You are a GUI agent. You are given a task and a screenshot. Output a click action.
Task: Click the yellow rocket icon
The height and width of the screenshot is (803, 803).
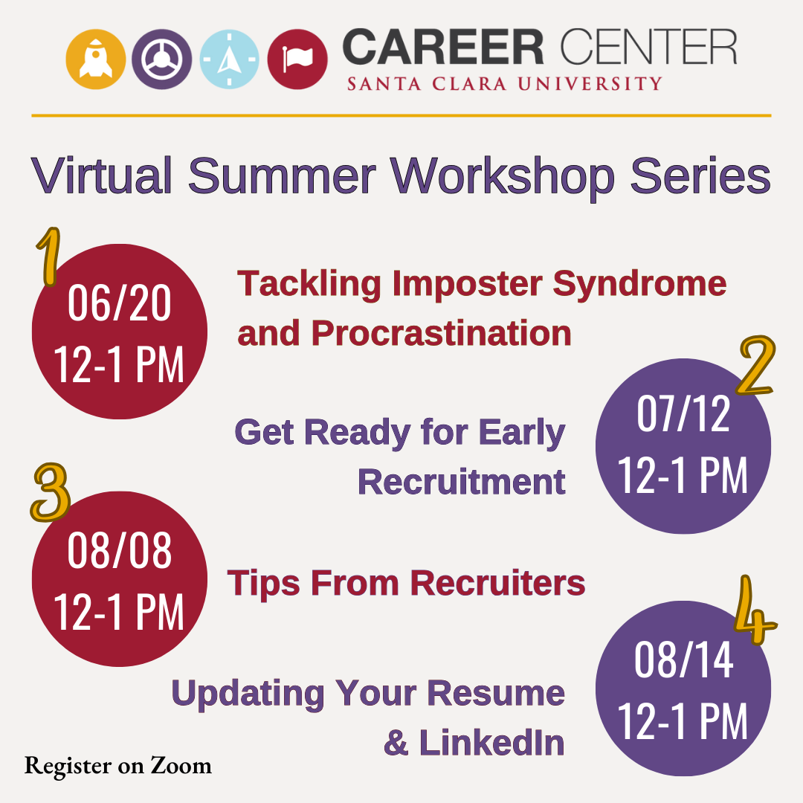96,59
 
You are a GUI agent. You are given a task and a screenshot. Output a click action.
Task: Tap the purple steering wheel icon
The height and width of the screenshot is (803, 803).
162,59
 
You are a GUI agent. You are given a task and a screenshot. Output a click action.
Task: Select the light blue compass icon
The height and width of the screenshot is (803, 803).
229,59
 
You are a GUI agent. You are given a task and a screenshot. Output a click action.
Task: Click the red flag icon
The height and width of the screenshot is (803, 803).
297,59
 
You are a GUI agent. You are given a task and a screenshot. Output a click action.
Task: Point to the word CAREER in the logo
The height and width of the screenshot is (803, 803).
443,47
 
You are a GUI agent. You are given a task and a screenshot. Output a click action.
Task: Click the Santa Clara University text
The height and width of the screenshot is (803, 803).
504,83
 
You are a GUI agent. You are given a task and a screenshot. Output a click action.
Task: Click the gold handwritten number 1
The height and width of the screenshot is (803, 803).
48,256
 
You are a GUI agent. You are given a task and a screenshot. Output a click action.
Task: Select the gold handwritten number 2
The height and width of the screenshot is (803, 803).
756,365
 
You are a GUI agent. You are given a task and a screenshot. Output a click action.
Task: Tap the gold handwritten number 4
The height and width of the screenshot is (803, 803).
754,610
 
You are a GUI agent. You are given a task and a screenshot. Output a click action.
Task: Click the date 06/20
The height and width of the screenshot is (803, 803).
119,303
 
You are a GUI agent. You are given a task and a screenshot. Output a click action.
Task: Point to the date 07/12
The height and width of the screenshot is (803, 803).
683,414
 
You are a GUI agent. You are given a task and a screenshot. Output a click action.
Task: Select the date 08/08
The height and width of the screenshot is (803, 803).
119,550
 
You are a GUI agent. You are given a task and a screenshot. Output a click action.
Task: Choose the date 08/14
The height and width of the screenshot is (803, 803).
684,660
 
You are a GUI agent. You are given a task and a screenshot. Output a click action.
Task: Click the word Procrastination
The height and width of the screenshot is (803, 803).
441,334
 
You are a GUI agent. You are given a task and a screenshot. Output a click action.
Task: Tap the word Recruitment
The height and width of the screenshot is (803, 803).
462,482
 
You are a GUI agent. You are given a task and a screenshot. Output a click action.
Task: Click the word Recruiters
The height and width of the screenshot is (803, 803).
497,584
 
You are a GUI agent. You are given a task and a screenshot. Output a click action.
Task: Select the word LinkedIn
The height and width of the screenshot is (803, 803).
491,743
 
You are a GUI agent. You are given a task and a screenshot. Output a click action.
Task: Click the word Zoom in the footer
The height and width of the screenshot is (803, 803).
181,766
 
